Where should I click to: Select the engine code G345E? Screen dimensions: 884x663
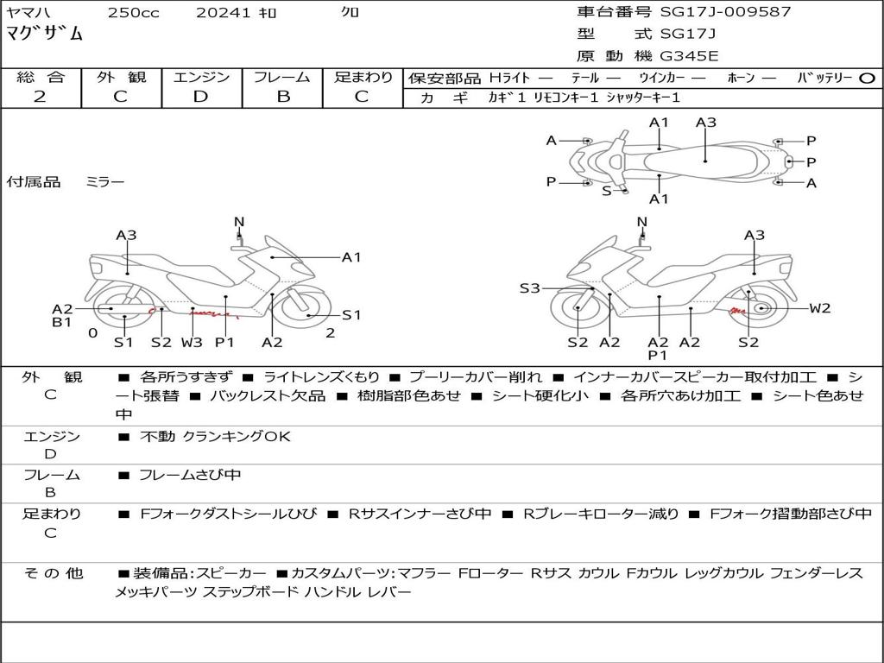tap(688, 57)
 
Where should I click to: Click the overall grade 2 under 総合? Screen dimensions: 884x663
tap(40, 97)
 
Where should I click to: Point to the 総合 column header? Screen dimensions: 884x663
tap(40, 77)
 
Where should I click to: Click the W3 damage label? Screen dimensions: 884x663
tap(191, 343)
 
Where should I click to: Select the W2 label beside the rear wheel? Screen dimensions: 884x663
tap(819, 308)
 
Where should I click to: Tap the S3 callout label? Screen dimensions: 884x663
tap(529, 288)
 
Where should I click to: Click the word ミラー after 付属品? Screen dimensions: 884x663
tap(104, 182)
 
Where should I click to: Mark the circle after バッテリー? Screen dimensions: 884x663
tap(867, 78)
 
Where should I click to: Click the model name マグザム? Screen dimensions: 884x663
tap(45, 35)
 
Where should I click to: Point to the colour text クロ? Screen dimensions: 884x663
tap(350, 12)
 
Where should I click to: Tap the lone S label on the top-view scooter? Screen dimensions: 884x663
tap(606, 191)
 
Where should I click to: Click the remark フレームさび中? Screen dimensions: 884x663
tap(190, 475)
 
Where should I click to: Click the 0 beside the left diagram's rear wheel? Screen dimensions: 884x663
tap(92, 332)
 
